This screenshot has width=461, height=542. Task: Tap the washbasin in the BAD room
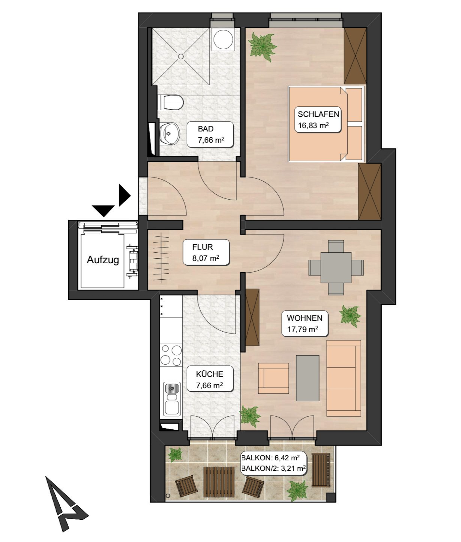coord(170,134)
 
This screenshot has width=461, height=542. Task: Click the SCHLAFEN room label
coord(318,114)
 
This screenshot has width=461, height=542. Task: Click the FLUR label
coord(203,247)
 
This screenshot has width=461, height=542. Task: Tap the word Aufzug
coord(103,260)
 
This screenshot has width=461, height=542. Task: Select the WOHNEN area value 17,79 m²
coord(303,329)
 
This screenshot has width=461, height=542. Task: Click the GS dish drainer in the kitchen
coord(172,389)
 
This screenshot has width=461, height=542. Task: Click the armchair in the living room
coord(273,378)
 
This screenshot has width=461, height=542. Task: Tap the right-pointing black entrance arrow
coord(124,195)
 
